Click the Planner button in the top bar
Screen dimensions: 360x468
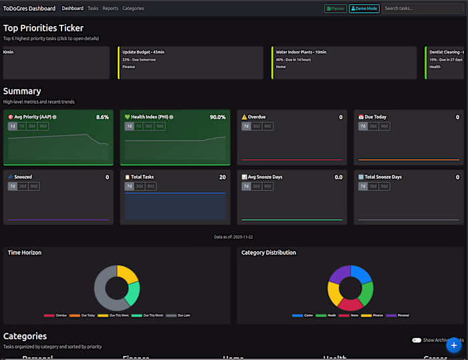coord(335,9)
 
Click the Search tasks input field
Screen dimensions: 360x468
coord(422,9)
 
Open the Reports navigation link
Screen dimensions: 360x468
coord(110,9)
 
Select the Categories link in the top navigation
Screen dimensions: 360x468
coord(133,9)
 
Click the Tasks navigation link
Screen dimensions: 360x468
coord(93,9)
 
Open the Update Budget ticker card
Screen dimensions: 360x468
coord(191,63)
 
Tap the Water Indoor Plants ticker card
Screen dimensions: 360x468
coord(344,63)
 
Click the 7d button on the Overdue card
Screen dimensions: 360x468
coord(246,126)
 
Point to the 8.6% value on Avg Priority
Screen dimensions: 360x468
coord(102,117)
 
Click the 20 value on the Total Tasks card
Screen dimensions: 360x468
coord(222,177)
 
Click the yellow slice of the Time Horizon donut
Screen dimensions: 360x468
coord(128,274)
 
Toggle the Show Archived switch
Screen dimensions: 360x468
coord(417,340)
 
